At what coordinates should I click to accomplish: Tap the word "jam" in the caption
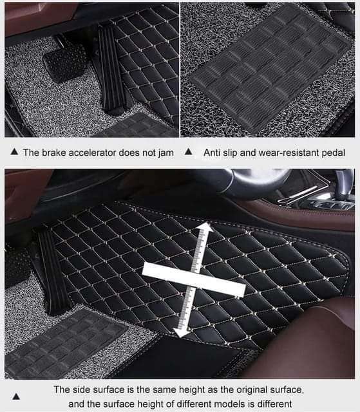point(166,153)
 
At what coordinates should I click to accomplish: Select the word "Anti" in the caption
point(212,153)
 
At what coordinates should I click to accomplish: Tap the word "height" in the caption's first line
point(191,389)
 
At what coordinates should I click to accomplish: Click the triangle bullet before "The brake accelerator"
point(14,151)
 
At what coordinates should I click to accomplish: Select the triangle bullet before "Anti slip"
point(189,152)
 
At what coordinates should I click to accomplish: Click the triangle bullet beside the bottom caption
point(16,397)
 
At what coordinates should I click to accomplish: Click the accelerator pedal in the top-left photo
point(111,69)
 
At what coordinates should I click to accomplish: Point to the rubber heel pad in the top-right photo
point(270,69)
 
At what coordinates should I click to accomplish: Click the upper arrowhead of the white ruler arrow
point(205,227)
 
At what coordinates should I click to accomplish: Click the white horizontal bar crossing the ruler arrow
point(194,279)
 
